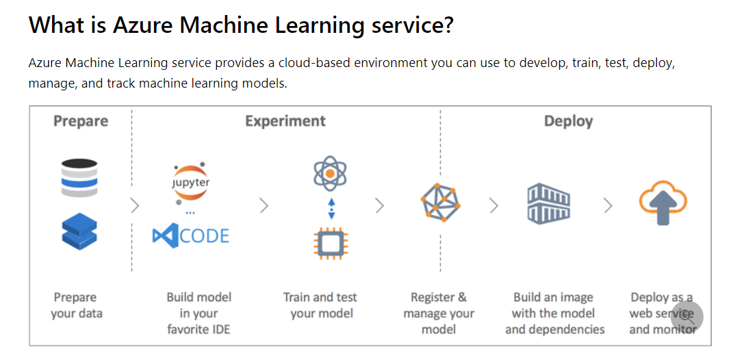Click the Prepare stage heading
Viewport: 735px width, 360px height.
tap(81, 121)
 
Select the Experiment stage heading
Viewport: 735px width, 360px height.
tap(285, 121)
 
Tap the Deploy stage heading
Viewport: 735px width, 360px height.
tap(568, 121)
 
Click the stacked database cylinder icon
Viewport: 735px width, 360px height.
tap(79, 178)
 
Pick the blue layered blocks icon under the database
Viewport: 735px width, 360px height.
tap(79, 231)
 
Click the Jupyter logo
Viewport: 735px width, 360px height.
tap(191, 182)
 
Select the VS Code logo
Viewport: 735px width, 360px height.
tap(191, 237)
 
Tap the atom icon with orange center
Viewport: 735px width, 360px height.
tap(331, 174)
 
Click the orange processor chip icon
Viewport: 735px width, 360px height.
tap(331, 243)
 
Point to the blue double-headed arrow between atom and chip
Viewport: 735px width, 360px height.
tap(331, 208)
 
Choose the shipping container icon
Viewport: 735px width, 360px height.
tap(548, 204)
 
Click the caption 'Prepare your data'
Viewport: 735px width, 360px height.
tap(75, 305)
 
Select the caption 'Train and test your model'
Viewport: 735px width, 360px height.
tap(320, 305)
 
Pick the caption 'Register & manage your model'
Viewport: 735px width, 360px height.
tap(439, 313)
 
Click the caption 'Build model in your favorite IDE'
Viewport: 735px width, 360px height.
tap(199, 313)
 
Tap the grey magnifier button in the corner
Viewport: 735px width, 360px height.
tap(686, 316)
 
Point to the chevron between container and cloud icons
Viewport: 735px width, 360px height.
tap(607, 205)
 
